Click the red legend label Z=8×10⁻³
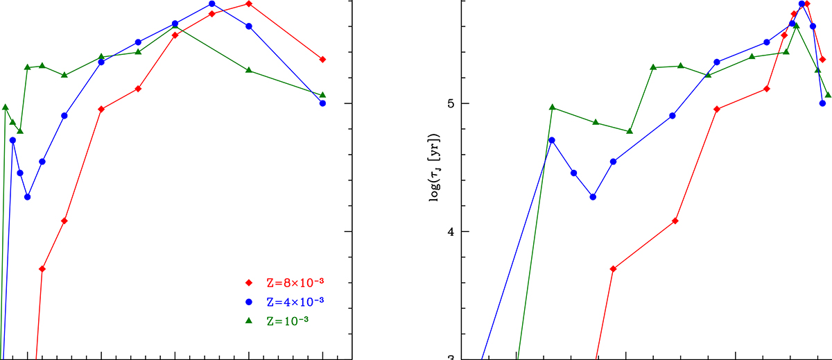(295, 282)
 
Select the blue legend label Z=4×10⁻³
(295, 302)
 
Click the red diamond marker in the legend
(249, 282)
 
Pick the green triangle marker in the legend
(249, 320)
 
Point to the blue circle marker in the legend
(249, 302)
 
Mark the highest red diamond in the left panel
(249, 4)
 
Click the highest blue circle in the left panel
(212, 4)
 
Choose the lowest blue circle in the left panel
(28, 197)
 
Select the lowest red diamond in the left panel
(42, 268)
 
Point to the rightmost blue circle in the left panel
(322, 103)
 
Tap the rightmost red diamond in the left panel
(322, 60)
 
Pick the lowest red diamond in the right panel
(613, 268)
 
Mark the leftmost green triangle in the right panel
(553, 108)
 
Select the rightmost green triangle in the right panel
(828, 95)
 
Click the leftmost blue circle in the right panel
(552, 140)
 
